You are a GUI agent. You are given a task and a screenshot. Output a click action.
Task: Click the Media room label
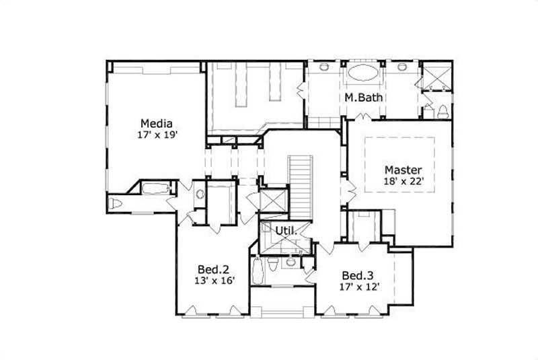(x=157, y=123)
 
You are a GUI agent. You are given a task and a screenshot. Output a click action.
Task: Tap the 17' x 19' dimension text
(x=157, y=135)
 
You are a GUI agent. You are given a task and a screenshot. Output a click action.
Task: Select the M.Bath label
(x=364, y=98)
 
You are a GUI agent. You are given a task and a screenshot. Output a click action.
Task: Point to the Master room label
(x=403, y=169)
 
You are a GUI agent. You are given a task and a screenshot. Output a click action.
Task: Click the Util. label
(x=285, y=231)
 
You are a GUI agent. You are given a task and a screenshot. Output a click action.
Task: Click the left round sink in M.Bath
(x=323, y=67)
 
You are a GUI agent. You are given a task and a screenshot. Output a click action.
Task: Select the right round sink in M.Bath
(x=402, y=67)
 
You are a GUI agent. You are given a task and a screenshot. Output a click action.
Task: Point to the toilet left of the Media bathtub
(x=117, y=203)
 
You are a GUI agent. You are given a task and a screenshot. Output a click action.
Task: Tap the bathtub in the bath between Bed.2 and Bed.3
(x=258, y=272)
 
